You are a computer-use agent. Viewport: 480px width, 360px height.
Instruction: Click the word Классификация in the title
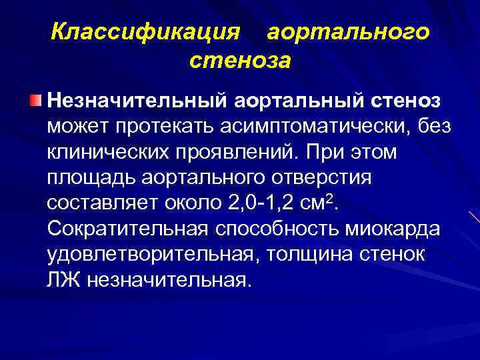145,33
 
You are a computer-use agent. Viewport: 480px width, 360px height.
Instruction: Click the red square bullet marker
35,101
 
